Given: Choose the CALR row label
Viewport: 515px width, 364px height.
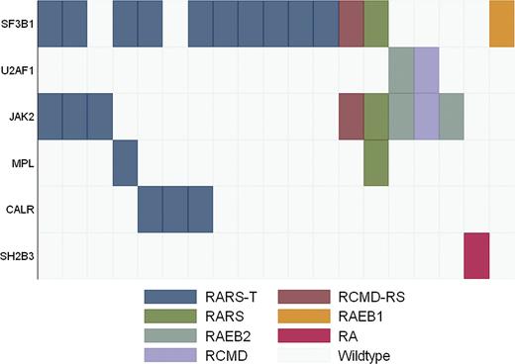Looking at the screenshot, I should [20, 210].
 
